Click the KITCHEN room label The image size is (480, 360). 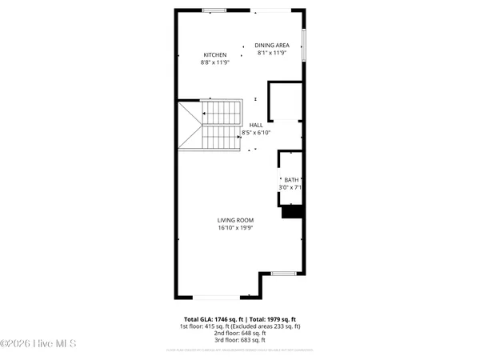coord(215,54)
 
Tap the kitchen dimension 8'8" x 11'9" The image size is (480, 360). coord(215,62)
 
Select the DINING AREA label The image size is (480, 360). coord(273,45)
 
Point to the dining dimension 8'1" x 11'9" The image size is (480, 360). coord(273,53)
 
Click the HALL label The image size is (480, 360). coord(256,125)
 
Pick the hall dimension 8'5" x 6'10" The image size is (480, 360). coord(256,132)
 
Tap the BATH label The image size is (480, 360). coord(290,180)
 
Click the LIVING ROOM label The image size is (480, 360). coord(235,220)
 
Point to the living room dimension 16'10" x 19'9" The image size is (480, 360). coord(235,227)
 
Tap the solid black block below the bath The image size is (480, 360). coord(292,212)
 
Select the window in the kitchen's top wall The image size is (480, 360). coord(214,10)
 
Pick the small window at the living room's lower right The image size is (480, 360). coord(283,274)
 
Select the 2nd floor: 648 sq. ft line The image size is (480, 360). coord(240,333)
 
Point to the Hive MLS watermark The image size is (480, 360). coord(38,345)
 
